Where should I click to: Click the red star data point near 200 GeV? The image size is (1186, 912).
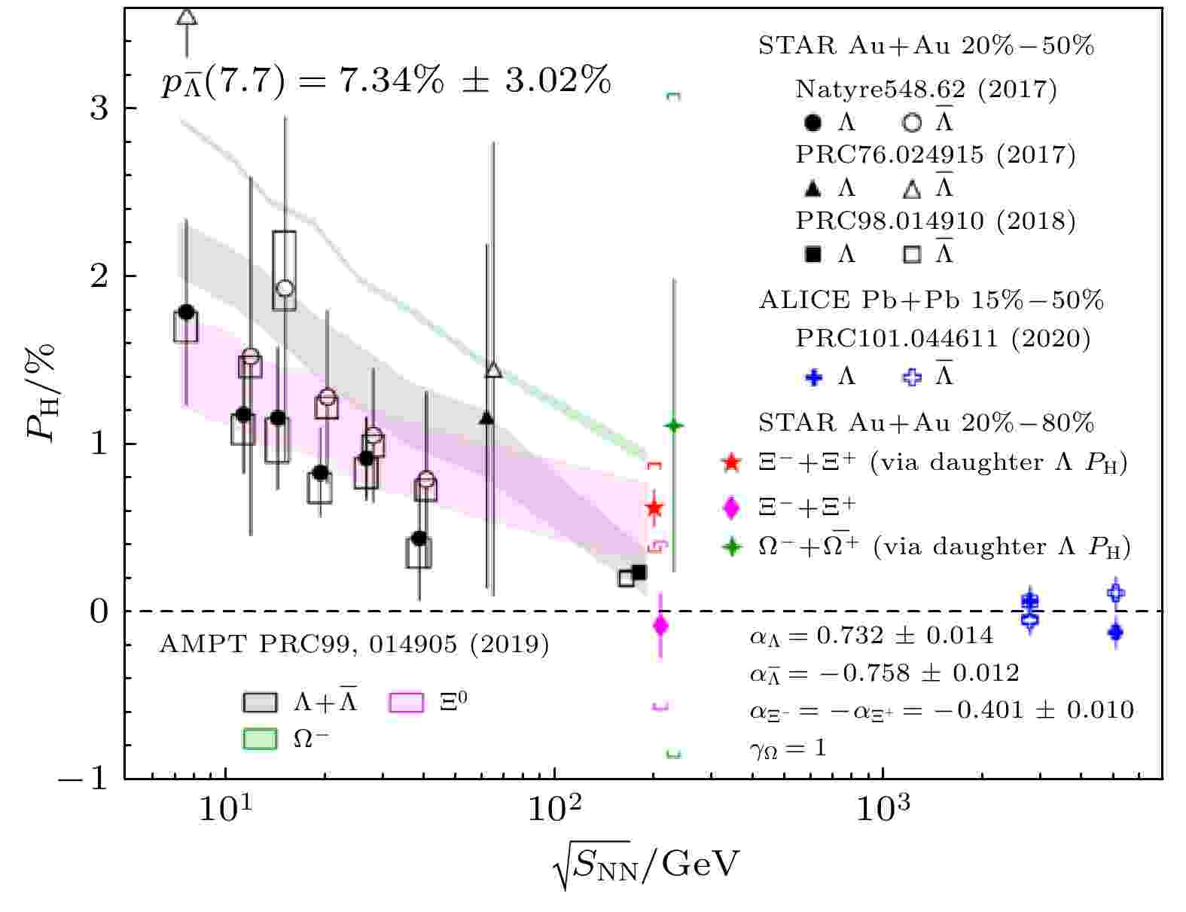pyautogui.click(x=654, y=508)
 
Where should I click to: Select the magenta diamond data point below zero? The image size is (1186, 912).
pyautogui.click(x=661, y=625)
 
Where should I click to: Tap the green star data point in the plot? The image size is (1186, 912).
pyautogui.click(x=673, y=426)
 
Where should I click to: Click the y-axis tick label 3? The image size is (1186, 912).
pyautogui.click(x=99, y=108)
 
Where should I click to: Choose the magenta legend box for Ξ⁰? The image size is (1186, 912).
pyautogui.click(x=407, y=702)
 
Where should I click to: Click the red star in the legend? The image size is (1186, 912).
pyautogui.click(x=730, y=462)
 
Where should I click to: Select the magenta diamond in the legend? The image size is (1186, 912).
pyautogui.click(x=730, y=507)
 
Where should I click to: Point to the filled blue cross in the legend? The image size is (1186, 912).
pyautogui.click(x=813, y=377)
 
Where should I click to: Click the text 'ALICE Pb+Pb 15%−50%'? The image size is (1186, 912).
pyautogui.click(x=931, y=300)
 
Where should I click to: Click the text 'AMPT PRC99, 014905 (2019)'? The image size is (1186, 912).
pyautogui.click(x=354, y=645)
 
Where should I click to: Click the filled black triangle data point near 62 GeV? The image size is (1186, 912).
pyautogui.click(x=486, y=418)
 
